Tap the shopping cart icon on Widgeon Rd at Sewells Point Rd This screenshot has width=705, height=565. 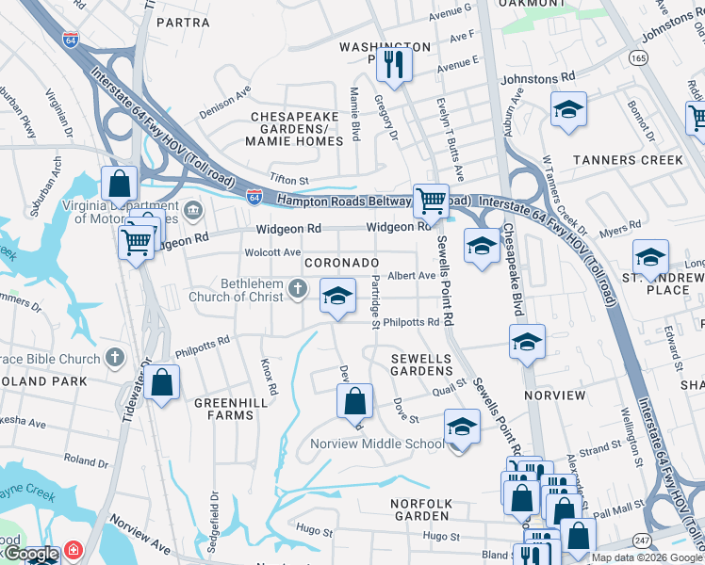(431, 200)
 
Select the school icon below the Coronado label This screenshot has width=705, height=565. (337, 297)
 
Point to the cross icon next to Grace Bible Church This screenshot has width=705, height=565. (114, 358)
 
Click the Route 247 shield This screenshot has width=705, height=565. (642, 540)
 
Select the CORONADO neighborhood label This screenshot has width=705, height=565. (340, 263)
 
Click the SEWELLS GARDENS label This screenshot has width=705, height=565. (423, 365)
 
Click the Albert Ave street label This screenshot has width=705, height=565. (412, 276)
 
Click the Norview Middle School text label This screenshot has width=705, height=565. (377, 444)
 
